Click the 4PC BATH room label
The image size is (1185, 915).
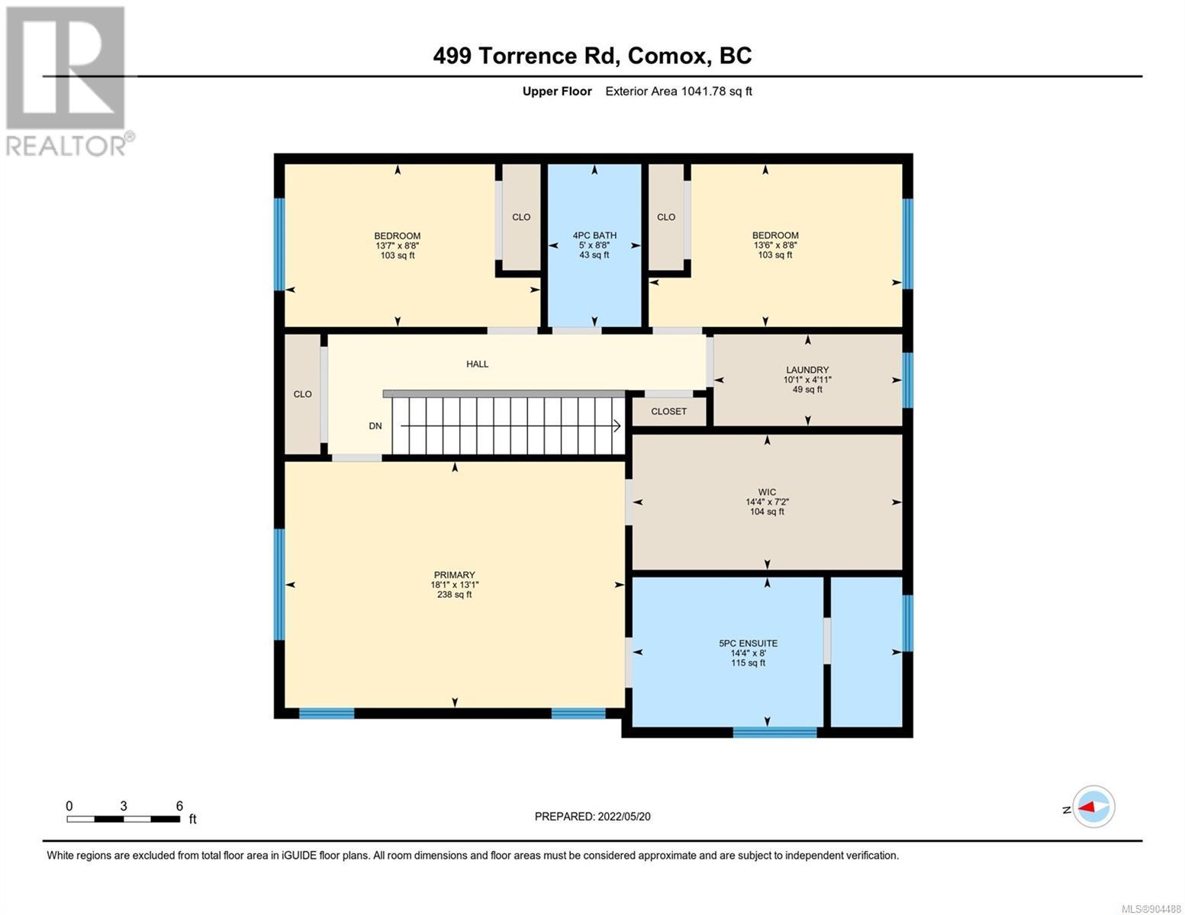tap(594, 236)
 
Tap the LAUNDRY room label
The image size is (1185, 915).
tap(807, 370)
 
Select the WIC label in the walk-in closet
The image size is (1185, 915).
tap(767, 492)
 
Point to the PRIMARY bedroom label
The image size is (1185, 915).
tap(454, 575)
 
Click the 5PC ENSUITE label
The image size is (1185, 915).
tap(749, 643)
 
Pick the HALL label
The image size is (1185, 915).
tap(477, 364)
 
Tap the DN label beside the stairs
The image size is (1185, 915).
tap(375, 426)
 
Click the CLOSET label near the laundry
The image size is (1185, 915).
tap(668, 412)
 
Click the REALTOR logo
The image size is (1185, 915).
tap(68, 82)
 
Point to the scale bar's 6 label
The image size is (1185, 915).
tap(179, 805)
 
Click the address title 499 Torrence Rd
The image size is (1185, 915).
tap(526, 56)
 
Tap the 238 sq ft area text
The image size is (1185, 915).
tap(454, 595)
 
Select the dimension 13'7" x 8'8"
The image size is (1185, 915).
tap(397, 246)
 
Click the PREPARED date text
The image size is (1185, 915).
tap(592, 817)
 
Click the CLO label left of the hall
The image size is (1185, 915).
tap(303, 394)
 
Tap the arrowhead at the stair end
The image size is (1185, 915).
tap(617, 426)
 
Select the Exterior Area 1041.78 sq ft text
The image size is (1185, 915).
tap(678, 91)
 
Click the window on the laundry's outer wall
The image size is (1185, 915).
tap(907, 380)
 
